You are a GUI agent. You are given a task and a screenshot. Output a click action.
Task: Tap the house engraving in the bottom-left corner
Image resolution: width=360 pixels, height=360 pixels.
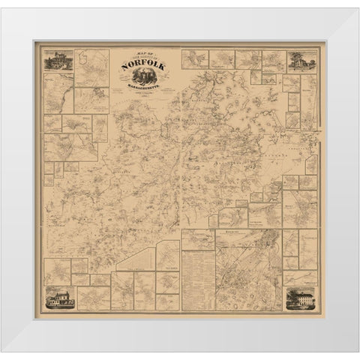[x=60, y=298]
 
